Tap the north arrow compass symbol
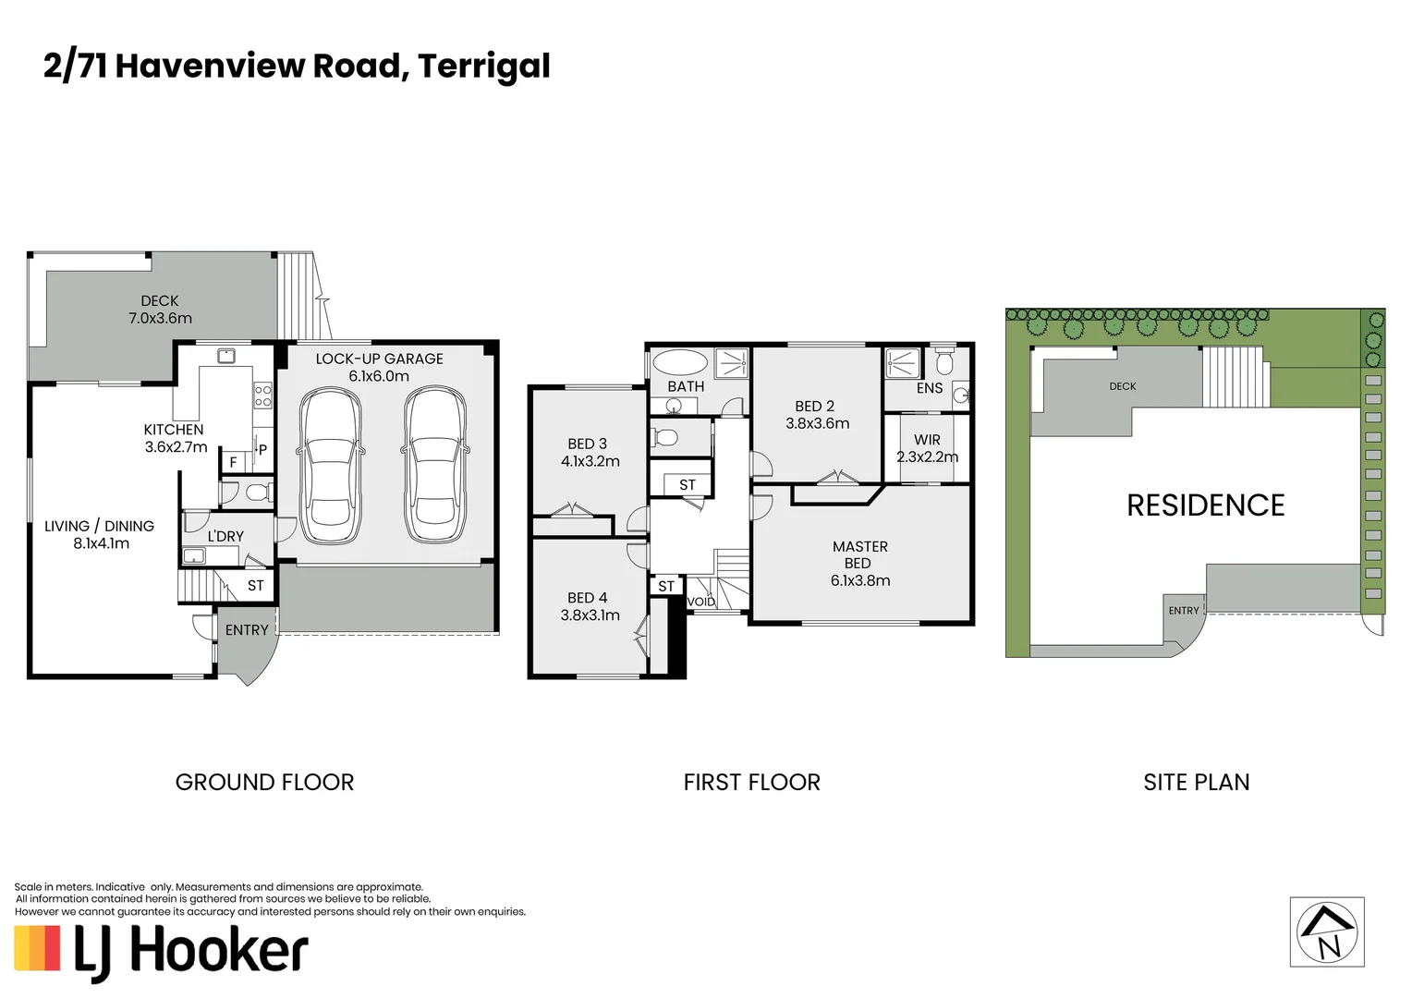pyautogui.click(x=1326, y=932)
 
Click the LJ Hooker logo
pyautogui.click(x=161, y=951)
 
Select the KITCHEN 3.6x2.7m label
pyautogui.click(x=175, y=438)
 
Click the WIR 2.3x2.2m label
pyautogui.click(x=927, y=448)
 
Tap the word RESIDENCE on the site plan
pyautogui.click(x=1205, y=505)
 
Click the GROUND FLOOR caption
pyautogui.click(x=264, y=783)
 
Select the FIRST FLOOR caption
pyautogui.click(x=751, y=783)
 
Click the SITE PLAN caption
pyautogui.click(x=1196, y=783)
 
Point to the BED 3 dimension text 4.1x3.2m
pyautogui.click(x=590, y=461)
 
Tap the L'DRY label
pyautogui.click(x=225, y=536)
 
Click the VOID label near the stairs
pyautogui.click(x=701, y=602)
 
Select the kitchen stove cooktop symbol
pyautogui.click(x=262, y=396)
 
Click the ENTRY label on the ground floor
pyautogui.click(x=247, y=630)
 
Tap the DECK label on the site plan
pyautogui.click(x=1122, y=386)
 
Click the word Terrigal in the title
pyautogui.click(x=483, y=66)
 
